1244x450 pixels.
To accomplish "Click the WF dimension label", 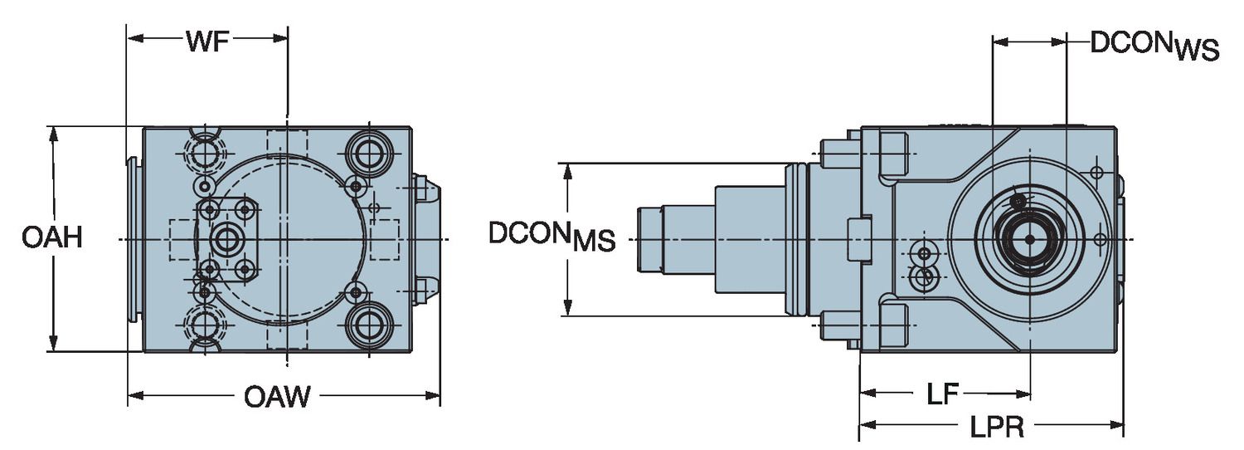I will pos(207,42).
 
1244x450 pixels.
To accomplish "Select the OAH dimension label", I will pos(51,238).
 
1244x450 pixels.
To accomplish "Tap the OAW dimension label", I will pos(277,397).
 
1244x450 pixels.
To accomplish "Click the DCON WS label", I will pos(1154,45).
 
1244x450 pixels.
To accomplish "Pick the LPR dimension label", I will pos(997,428).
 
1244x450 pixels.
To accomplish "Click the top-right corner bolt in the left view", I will pos(368,150).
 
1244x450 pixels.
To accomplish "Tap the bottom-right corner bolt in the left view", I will pos(368,326).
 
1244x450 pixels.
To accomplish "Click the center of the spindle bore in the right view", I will pos(1029,239).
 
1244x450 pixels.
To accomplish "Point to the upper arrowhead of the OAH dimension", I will pos(53,134).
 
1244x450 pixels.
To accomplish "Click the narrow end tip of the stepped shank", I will pos(641,239).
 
